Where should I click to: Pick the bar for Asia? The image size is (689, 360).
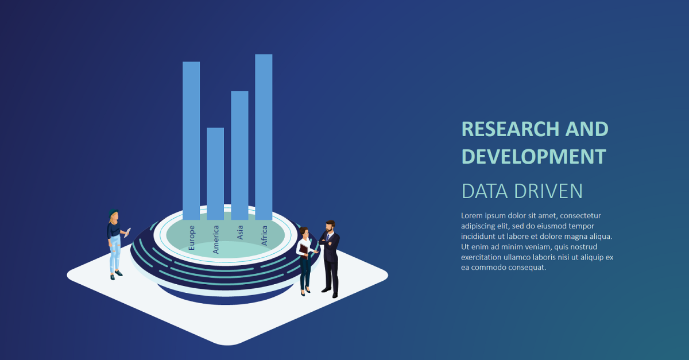(239, 155)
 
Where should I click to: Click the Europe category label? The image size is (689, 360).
(192, 237)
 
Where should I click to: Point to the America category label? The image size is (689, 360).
(216, 239)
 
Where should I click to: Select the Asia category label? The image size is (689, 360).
(240, 232)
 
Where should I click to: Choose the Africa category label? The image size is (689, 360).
(264, 235)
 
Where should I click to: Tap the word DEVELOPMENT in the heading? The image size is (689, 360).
(533, 156)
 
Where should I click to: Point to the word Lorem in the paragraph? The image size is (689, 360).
(473, 216)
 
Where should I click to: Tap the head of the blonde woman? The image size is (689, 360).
(114, 216)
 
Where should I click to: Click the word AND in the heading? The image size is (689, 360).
(587, 129)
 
